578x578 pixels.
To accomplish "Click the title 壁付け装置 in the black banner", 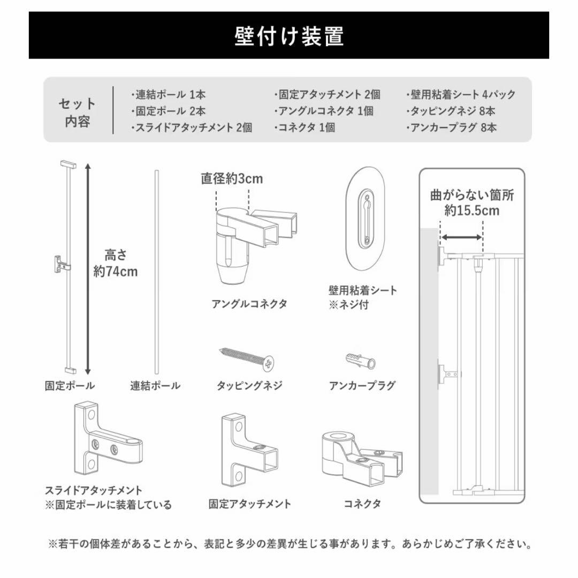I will coord(289,36).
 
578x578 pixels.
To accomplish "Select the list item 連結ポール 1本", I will coord(168,95).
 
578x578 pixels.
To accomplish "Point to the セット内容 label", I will coord(78,112).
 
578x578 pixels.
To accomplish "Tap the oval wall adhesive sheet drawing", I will coord(365,220).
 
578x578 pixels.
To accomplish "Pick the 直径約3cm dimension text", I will coord(232,179).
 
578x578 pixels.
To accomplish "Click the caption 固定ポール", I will coord(70,385).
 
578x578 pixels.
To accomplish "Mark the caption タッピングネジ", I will coord(249,385).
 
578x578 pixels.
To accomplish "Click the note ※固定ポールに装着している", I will coord(108,505).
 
